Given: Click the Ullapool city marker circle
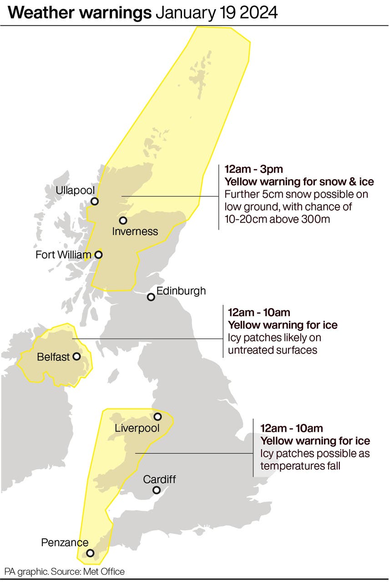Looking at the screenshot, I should point(95,201).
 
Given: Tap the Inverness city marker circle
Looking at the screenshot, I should point(123,221).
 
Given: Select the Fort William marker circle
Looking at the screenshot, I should point(98,255).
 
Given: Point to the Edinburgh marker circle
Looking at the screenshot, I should point(151,297).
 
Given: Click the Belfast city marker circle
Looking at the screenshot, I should point(76,356).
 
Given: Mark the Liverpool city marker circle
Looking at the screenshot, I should point(157,416).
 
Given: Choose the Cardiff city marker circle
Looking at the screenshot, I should point(157,490).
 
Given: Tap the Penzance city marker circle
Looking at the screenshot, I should point(90,553).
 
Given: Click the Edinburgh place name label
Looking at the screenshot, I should point(181,291).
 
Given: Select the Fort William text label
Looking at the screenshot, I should point(63,255).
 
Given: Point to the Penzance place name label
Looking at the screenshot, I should point(65,542).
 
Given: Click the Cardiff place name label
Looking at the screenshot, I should point(159,479).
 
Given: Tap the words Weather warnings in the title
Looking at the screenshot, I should point(80,13).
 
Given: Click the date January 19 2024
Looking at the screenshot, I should point(217,13).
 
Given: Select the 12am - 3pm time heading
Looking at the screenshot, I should point(253,170).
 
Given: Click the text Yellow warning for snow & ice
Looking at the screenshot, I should point(299,182).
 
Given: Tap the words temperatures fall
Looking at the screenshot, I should point(300,466).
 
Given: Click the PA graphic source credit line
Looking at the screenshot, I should point(65,572).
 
